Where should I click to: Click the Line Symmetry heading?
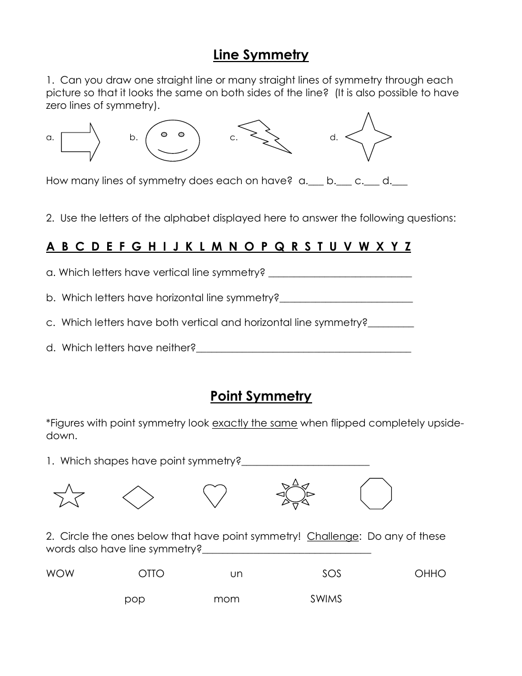tap(260, 55)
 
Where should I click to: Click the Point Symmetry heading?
tap(260, 396)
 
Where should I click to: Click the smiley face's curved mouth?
tap(173, 150)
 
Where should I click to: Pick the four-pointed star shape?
tap(368, 137)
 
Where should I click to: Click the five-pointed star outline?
tap(69, 496)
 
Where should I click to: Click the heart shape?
tap(215, 495)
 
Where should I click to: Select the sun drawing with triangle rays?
tap(295, 494)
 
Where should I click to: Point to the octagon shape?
tap(376, 494)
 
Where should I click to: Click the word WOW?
tap(60, 574)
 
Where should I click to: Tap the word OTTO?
tap(151, 574)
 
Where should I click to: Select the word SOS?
tap(331, 574)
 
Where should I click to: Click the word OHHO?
tap(430, 574)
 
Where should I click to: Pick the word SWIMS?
tap(326, 599)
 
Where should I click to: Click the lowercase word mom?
tap(226, 600)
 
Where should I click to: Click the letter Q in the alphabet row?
tap(279, 247)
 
